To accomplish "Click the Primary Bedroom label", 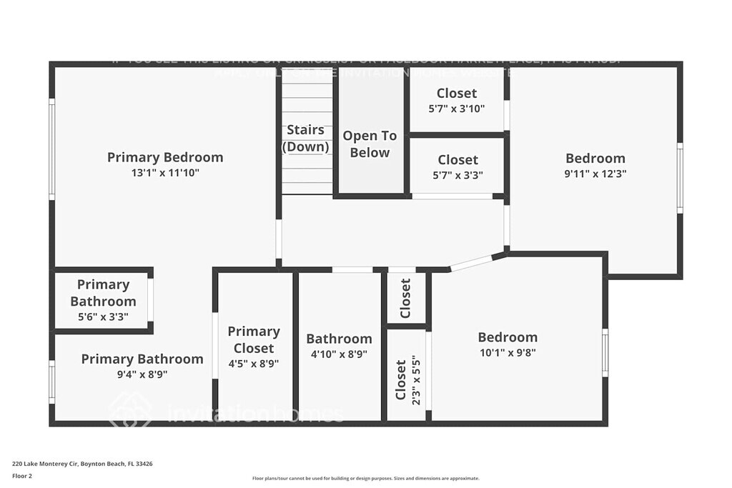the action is pyautogui.click(x=165, y=157).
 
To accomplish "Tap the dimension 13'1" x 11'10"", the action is pyautogui.click(x=165, y=173).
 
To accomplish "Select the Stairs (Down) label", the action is pyautogui.click(x=306, y=139).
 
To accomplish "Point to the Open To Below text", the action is pyautogui.click(x=370, y=144).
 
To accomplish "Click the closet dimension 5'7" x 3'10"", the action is pyautogui.click(x=457, y=109).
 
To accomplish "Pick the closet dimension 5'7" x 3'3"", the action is pyautogui.click(x=457, y=175).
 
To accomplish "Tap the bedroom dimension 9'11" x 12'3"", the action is pyautogui.click(x=595, y=173).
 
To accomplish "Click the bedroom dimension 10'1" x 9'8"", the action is pyautogui.click(x=508, y=352).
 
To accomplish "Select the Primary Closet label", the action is pyautogui.click(x=254, y=339).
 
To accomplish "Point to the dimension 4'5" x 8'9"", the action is pyautogui.click(x=253, y=363).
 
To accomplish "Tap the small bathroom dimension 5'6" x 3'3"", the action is pyautogui.click(x=103, y=317).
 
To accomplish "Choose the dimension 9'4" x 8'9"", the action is pyautogui.click(x=142, y=374).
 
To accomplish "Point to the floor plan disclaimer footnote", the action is pyautogui.click(x=365, y=479).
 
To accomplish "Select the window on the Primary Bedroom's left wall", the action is pyautogui.click(x=51, y=149).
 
